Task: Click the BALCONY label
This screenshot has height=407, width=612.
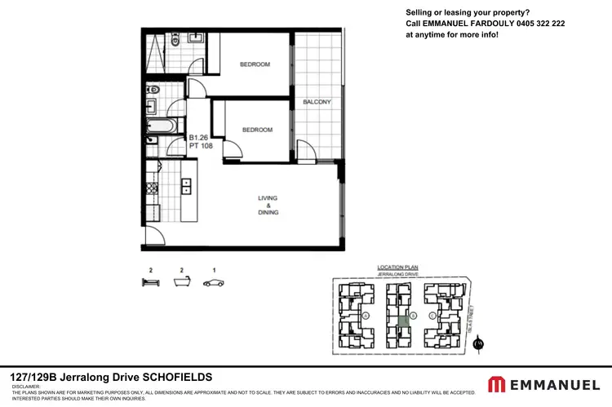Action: (317, 102)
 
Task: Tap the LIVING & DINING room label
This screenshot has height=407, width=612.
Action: (268, 204)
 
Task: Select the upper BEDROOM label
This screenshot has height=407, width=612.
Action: (255, 64)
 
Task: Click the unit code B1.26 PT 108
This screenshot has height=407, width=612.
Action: (201, 143)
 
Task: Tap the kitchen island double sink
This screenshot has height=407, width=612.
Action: (186, 186)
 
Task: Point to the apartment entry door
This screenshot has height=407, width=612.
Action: (152, 237)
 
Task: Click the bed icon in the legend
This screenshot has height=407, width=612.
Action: (151, 283)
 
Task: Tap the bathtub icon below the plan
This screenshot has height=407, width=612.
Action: (182, 283)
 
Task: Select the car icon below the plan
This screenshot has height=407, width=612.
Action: (214, 283)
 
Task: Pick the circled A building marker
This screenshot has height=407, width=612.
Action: (366, 316)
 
